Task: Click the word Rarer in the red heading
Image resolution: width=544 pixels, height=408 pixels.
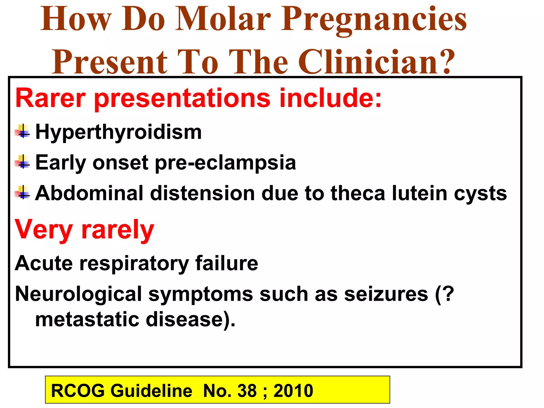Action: click(51, 98)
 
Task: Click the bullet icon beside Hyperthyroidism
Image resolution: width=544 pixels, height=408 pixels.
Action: click(23, 131)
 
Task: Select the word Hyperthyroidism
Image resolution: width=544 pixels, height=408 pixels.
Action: click(118, 132)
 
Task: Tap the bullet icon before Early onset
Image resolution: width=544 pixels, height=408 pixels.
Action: click(23, 162)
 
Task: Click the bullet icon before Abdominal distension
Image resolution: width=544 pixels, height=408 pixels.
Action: click(23, 192)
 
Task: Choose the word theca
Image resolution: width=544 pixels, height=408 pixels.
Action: click(358, 193)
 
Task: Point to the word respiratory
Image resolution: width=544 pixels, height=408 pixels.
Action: click(134, 263)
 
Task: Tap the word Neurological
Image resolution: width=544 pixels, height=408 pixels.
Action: click(79, 294)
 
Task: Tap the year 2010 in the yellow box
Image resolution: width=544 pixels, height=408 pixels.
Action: click(293, 390)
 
